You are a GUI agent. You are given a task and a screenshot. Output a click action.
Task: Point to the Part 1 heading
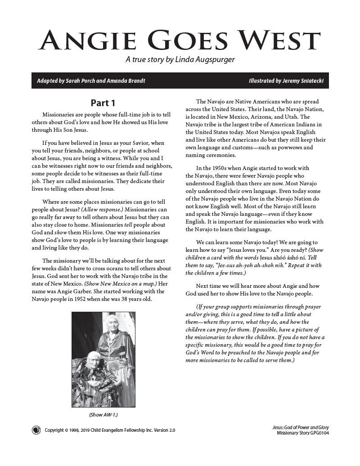click(x=103, y=103)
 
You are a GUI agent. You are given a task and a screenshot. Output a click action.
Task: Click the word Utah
click(x=304, y=116)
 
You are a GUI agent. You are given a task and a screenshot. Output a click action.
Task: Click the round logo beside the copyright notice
click(x=36, y=430)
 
